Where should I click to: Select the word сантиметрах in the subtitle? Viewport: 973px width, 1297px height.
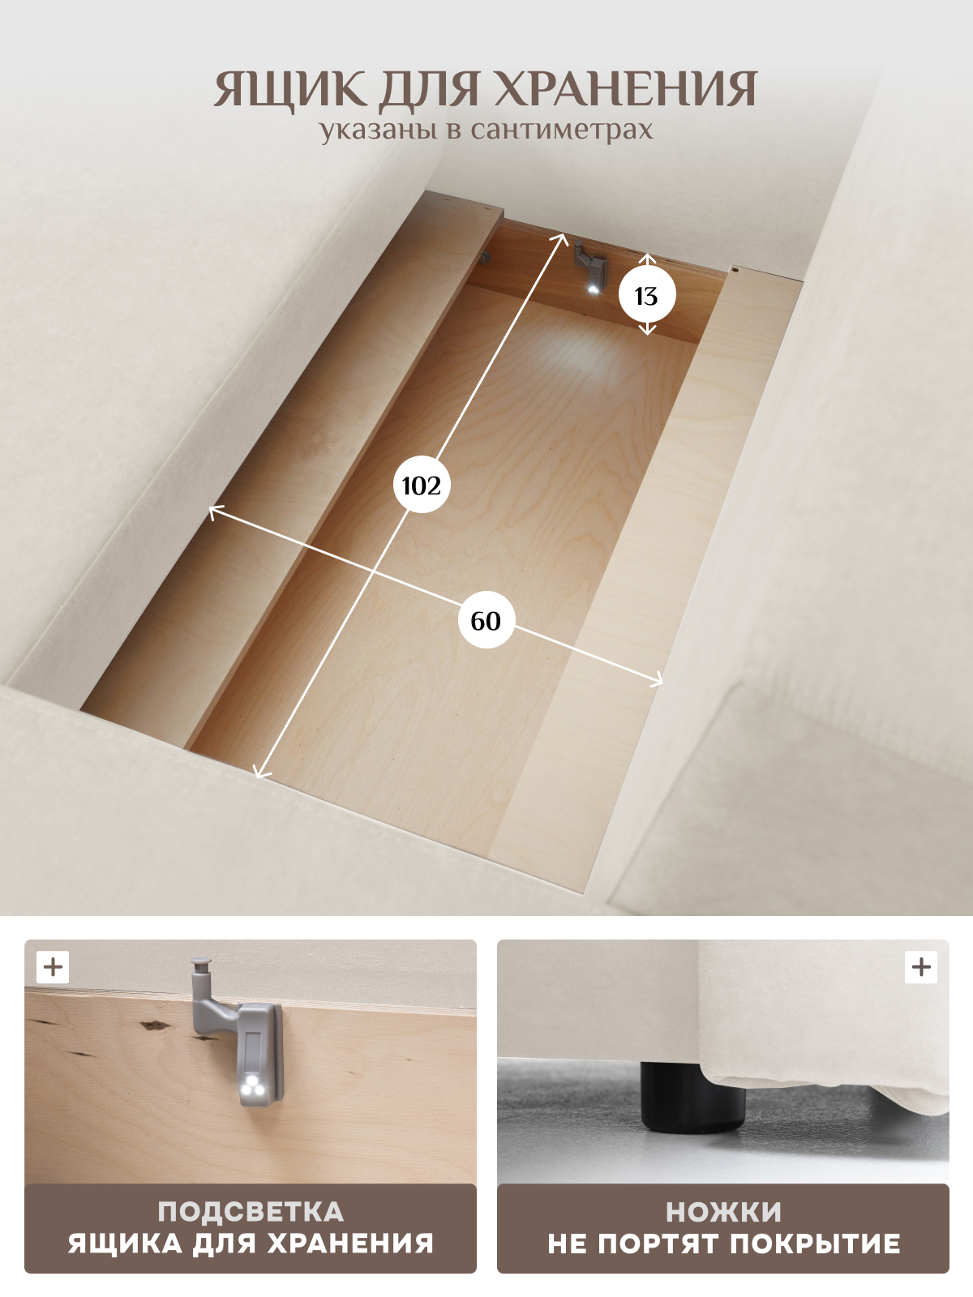tap(562, 130)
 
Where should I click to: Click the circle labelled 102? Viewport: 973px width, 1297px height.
tap(422, 485)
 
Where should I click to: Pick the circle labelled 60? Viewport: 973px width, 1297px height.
tap(486, 620)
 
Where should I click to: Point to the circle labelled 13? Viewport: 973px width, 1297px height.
tap(647, 295)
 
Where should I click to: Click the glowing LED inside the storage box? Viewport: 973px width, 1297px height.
tap(593, 289)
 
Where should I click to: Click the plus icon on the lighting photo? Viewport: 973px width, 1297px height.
tap(54, 967)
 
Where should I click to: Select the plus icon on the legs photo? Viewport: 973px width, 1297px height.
tap(921, 967)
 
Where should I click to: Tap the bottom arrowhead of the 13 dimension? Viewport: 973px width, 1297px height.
tap(648, 331)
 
